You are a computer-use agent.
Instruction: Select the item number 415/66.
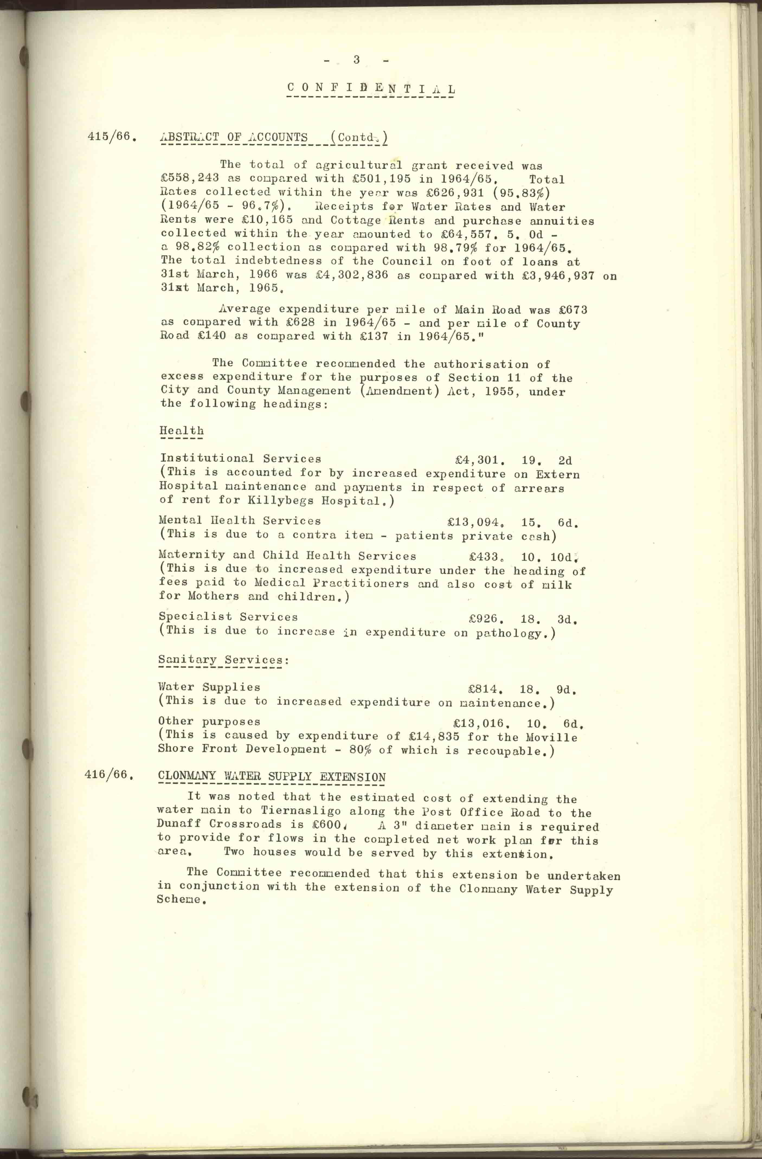click(x=111, y=136)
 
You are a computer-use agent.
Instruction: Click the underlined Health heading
click(x=182, y=430)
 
